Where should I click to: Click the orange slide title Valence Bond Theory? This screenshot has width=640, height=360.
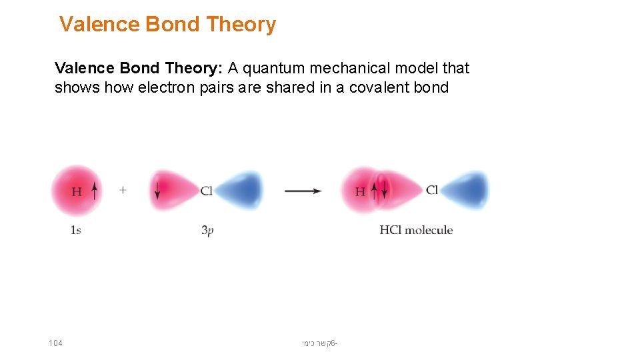tap(167, 25)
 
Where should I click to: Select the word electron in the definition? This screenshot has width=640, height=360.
tap(168, 87)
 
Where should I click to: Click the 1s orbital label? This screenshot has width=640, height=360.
tap(76, 231)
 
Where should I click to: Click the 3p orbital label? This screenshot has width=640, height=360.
tap(207, 231)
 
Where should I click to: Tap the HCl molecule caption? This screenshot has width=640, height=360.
tap(416, 230)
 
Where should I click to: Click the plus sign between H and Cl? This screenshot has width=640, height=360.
tap(123, 190)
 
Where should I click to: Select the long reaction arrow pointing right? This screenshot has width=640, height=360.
tap(303, 191)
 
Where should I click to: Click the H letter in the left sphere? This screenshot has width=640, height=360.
tap(77, 192)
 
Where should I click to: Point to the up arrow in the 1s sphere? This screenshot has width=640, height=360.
tap(95, 191)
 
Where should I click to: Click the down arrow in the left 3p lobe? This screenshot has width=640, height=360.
tap(157, 191)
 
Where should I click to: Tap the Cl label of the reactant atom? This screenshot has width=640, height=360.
tap(207, 191)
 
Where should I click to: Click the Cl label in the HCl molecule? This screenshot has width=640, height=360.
tap(432, 191)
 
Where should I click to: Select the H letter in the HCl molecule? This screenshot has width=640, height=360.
tap(360, 192)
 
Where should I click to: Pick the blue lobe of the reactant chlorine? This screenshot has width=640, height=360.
tap(241, 191)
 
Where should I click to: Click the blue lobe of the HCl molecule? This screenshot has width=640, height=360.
tap(466, 191)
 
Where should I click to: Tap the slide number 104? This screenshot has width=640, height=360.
tap(55, 343)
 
